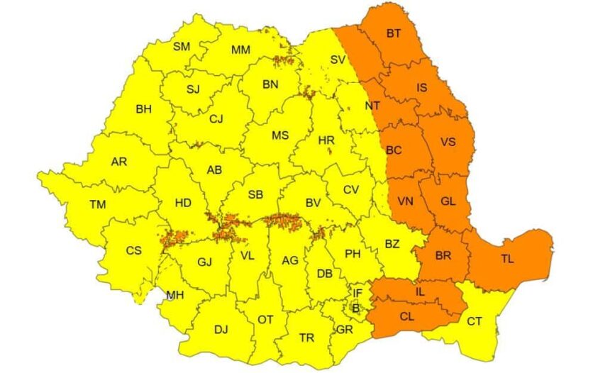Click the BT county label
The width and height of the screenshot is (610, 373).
(394, 34)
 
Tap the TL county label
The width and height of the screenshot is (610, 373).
(507, 259)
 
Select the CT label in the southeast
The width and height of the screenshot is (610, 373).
(474, 321)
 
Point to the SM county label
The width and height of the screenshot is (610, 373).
(182, 47)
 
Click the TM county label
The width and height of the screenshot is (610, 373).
(98, 205)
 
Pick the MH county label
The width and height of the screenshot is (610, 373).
(174, 294)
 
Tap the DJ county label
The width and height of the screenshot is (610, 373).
(221, 329)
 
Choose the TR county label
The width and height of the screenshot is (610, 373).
(306, 338)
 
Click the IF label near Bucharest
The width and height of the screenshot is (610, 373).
(357, 292)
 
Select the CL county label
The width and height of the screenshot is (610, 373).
(407, 317)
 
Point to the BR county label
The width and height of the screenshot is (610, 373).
(440, 256)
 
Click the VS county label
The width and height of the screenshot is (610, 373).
(448, 142)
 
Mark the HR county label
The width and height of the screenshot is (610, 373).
(326, 140)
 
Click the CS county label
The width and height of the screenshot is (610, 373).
(134, 250)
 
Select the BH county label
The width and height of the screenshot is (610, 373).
(144, 109)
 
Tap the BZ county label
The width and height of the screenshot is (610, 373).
(392, 244)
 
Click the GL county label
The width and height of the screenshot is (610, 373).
(448, 201)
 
